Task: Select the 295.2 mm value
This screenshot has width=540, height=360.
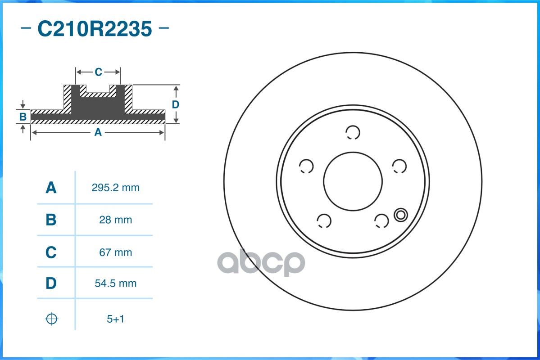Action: (116, 188)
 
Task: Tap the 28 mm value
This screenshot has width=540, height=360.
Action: (116, 220)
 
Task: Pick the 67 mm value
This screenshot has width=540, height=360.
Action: (116, 252)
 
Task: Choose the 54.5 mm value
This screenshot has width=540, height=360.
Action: (116, 283)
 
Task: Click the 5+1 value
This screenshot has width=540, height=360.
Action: (116, 319)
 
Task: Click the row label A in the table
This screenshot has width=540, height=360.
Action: (51, 188)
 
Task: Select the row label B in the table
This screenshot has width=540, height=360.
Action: (51, 220)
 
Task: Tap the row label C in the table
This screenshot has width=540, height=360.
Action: (51, 252)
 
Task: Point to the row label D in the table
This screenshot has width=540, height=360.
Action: (51, 283)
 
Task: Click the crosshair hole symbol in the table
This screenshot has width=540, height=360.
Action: (52, 319)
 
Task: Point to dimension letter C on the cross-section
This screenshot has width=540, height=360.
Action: (98, 72)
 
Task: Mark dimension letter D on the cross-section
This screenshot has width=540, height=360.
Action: (176, 104)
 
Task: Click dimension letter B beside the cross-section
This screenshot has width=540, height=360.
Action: (23, 117)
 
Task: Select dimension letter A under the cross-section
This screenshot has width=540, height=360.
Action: (98, 132)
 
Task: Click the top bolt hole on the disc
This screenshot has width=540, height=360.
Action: (353, 132)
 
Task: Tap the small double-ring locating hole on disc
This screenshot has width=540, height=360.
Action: (400, 215)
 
